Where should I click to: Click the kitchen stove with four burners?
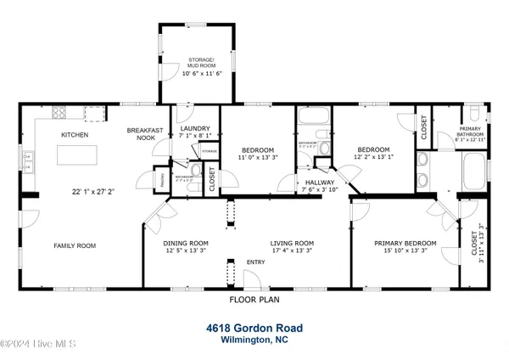pyautogui.click(x=59, y=113)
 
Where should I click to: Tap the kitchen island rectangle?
pyautogui.click(x=76, y=155)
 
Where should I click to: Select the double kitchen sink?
pyautogui.click(x=29, y=157)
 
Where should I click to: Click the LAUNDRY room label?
pyautogui.click(x=194, y=129)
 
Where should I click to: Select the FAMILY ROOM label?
pyautogui.click(x=75, y=245)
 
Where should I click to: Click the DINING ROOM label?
pyautogui.click(x=186, y=244)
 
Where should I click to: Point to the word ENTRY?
pyautogui.click(x=255, y=262)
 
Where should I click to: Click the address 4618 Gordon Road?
pyautogui.click(x=254, y=327)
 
